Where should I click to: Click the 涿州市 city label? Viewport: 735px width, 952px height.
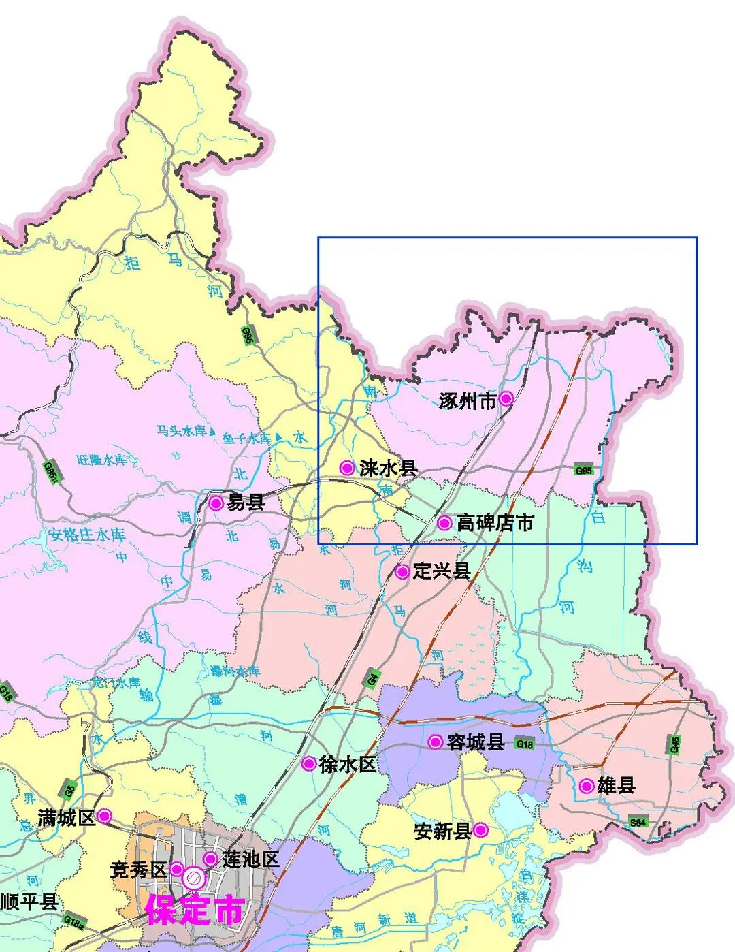point(468,401)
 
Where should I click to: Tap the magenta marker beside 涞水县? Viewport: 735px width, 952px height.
point(347,468)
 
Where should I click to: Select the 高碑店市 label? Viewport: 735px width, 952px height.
point(495,523)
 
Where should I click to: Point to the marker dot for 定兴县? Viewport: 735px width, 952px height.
point(402,571)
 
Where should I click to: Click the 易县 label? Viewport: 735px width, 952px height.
point(246,503)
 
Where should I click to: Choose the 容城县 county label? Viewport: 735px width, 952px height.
point(475,742)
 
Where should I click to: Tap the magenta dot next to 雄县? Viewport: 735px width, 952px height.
point(587,786)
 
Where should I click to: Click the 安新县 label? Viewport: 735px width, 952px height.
point(442,831)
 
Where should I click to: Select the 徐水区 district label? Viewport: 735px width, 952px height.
point(347,764)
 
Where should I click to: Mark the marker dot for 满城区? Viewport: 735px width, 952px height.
point(105,815)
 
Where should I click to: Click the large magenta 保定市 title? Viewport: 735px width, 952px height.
point(195,910)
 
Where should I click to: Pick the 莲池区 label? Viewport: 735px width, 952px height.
point(250,859)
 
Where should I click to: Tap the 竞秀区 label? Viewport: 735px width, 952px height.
point(138,870)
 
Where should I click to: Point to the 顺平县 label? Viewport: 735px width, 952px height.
point(29,902)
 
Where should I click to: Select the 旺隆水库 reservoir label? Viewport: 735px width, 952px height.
point(101,460)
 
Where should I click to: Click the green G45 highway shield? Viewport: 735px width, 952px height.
point(674,744)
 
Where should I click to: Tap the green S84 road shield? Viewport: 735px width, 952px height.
point(638,822)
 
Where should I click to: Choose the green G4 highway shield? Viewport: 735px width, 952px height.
point(372,678)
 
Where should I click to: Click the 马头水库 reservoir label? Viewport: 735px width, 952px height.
point(181,430)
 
